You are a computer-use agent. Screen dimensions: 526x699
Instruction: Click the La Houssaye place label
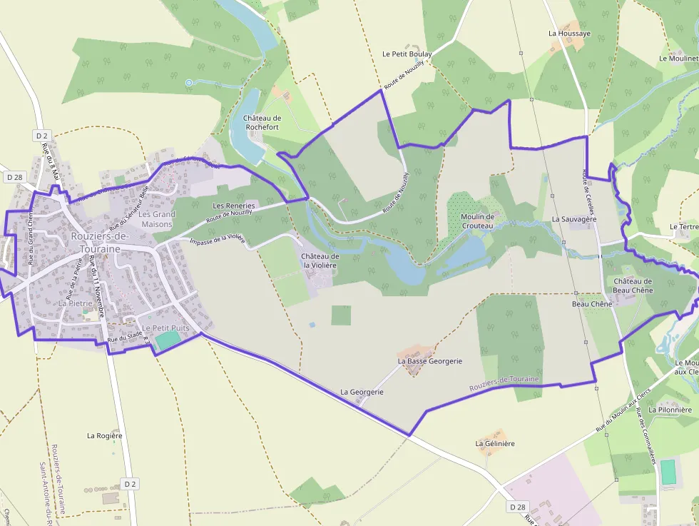point(569,33)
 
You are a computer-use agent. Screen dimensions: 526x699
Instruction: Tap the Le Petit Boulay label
point(407,54)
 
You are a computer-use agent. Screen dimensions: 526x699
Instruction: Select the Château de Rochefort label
point(262,122)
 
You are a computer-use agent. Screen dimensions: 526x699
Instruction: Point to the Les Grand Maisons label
point(157,219)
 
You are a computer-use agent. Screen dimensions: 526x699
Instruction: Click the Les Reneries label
point(234,206)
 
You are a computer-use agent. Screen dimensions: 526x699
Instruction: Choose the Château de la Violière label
point(320,261)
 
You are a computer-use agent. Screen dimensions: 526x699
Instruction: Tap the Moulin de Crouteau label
point(477,221)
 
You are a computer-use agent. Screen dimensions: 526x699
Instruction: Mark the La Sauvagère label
point(574,219)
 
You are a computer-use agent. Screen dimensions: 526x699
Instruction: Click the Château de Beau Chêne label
point(633,285)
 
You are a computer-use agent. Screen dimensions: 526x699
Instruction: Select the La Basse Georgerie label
point(430,361)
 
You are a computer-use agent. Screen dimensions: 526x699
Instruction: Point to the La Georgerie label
point(362,392)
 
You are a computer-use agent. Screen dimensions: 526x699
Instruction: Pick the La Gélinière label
point(495,443)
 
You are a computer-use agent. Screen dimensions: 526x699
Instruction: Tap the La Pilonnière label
point(670,410)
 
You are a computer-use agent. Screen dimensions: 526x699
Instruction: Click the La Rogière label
point(105,435)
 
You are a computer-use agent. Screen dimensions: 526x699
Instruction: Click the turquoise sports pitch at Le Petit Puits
point(168,340)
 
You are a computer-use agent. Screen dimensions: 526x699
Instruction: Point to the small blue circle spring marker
point(189,84)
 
